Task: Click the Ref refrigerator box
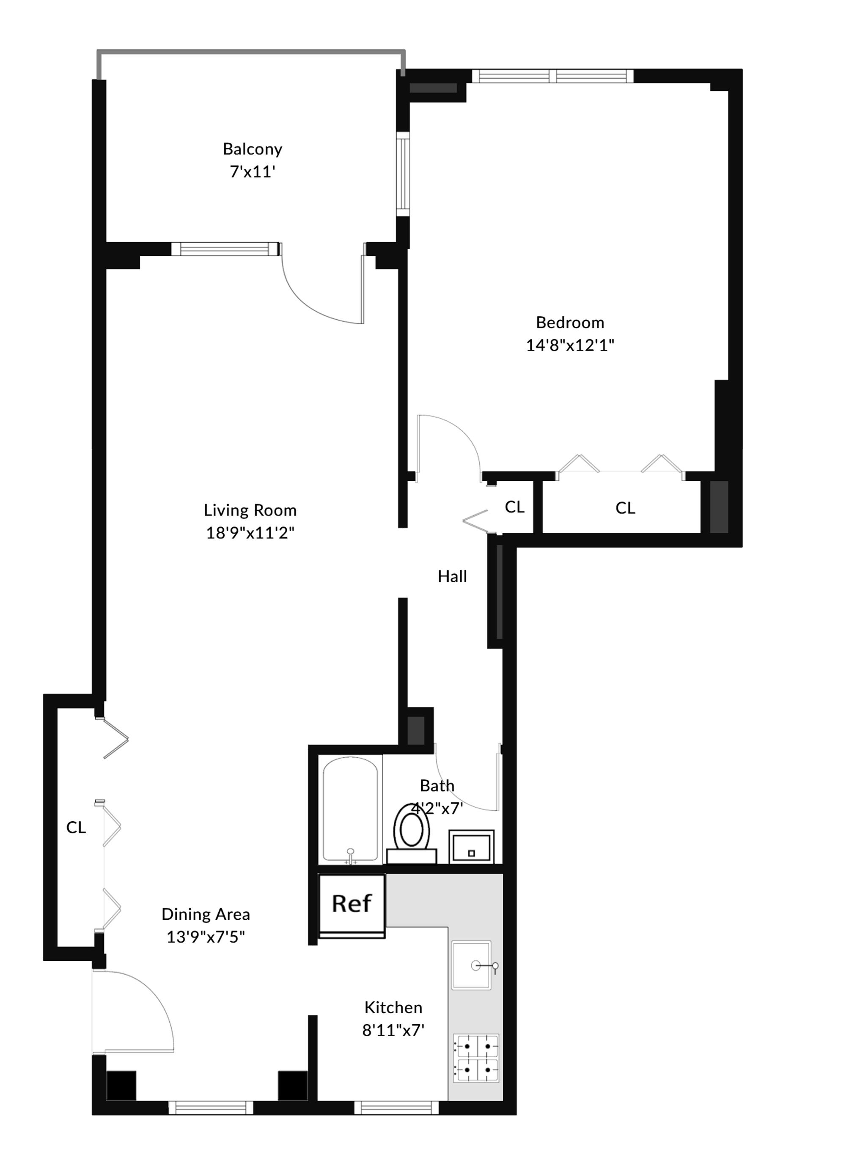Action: click(x=352, y=902)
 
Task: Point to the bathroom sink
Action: click(x=471, y=847)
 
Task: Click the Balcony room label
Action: click(x=253, y=149)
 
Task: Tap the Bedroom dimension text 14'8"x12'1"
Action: click(x=570, y=345)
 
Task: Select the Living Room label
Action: click(x=250, y=510)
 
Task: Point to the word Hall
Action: click(x=452, y=576)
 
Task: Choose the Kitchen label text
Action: click(x=393, y=1007)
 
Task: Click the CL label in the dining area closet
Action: click(x=76, y=827)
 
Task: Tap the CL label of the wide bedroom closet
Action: click(x=625, y=508)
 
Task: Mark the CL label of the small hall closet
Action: click(x=514, y=507)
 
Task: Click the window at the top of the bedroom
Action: click(x=552, y=76)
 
